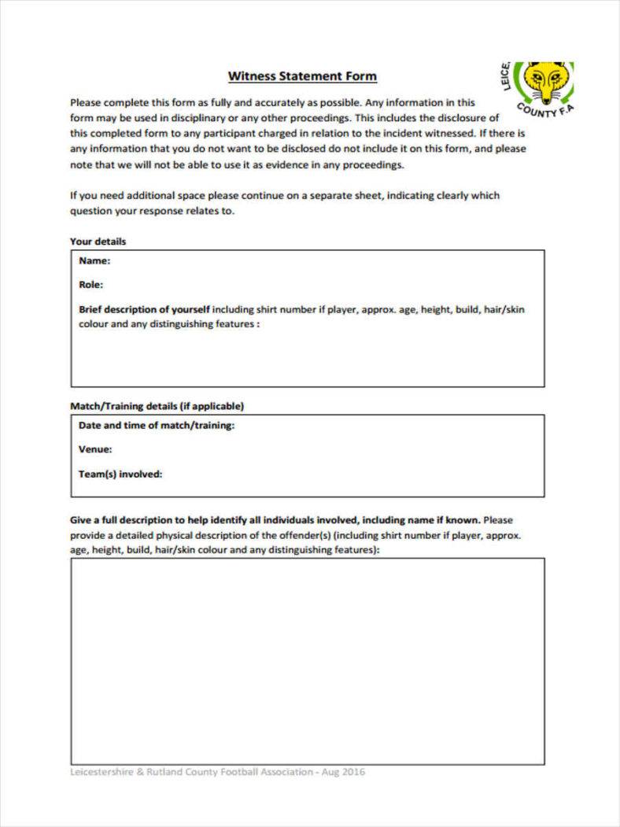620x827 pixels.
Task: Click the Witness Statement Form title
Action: [x=302, y=76]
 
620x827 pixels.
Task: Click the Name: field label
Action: [x=94, y=261]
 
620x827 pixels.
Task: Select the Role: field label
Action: [x=91, y=285]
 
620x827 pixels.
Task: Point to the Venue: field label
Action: [x=95, y=449]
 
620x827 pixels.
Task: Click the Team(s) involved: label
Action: [x=120, y=474]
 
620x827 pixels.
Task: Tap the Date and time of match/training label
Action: [x=157, y=425]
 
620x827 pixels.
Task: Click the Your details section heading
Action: [x=98, y=242]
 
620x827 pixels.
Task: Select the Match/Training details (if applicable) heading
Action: [x=157, y=406]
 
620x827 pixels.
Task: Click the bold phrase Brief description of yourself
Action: [x=145, y=309]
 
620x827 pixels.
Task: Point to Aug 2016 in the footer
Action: [x=344, y=772]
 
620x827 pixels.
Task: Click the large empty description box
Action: [x=307, y=661]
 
